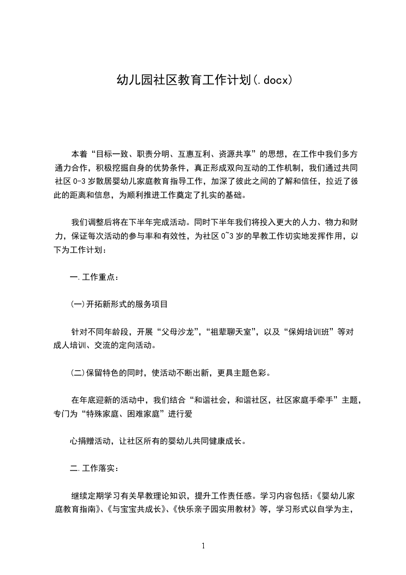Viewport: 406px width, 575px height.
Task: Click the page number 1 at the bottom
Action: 203,546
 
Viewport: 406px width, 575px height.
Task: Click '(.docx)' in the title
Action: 273,80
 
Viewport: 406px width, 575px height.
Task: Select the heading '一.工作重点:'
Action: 94,277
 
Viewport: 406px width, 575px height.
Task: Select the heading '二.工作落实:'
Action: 94,468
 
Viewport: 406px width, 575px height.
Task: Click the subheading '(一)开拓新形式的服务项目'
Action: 119,303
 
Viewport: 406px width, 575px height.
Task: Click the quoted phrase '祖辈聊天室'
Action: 233,331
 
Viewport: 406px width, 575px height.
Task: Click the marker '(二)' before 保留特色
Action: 77,372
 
